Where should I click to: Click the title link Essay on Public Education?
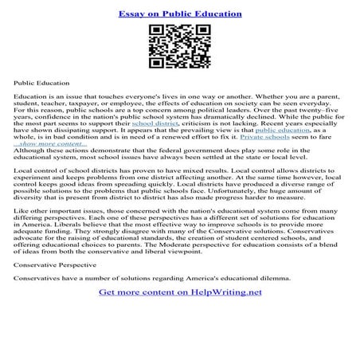[179, 14]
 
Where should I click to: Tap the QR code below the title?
[179, 48]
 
